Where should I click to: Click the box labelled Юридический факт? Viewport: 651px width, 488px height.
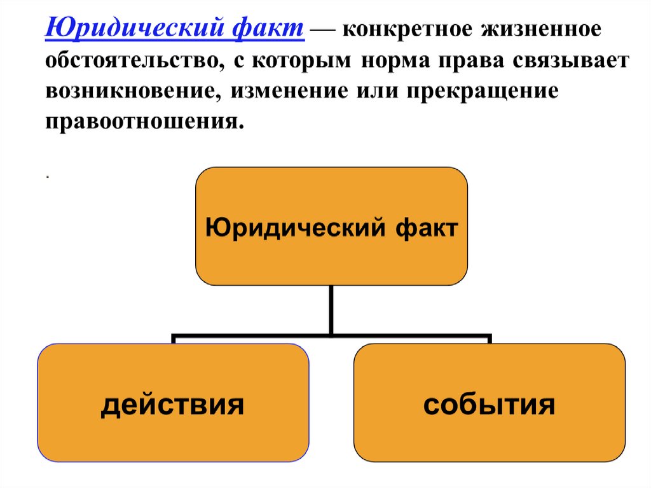(x=331, y=226)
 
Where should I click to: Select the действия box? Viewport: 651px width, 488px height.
(x=173, y=402)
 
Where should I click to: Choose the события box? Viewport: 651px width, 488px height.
(x=490, y=402)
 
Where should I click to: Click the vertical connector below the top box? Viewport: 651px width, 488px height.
(x=331, y=308)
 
